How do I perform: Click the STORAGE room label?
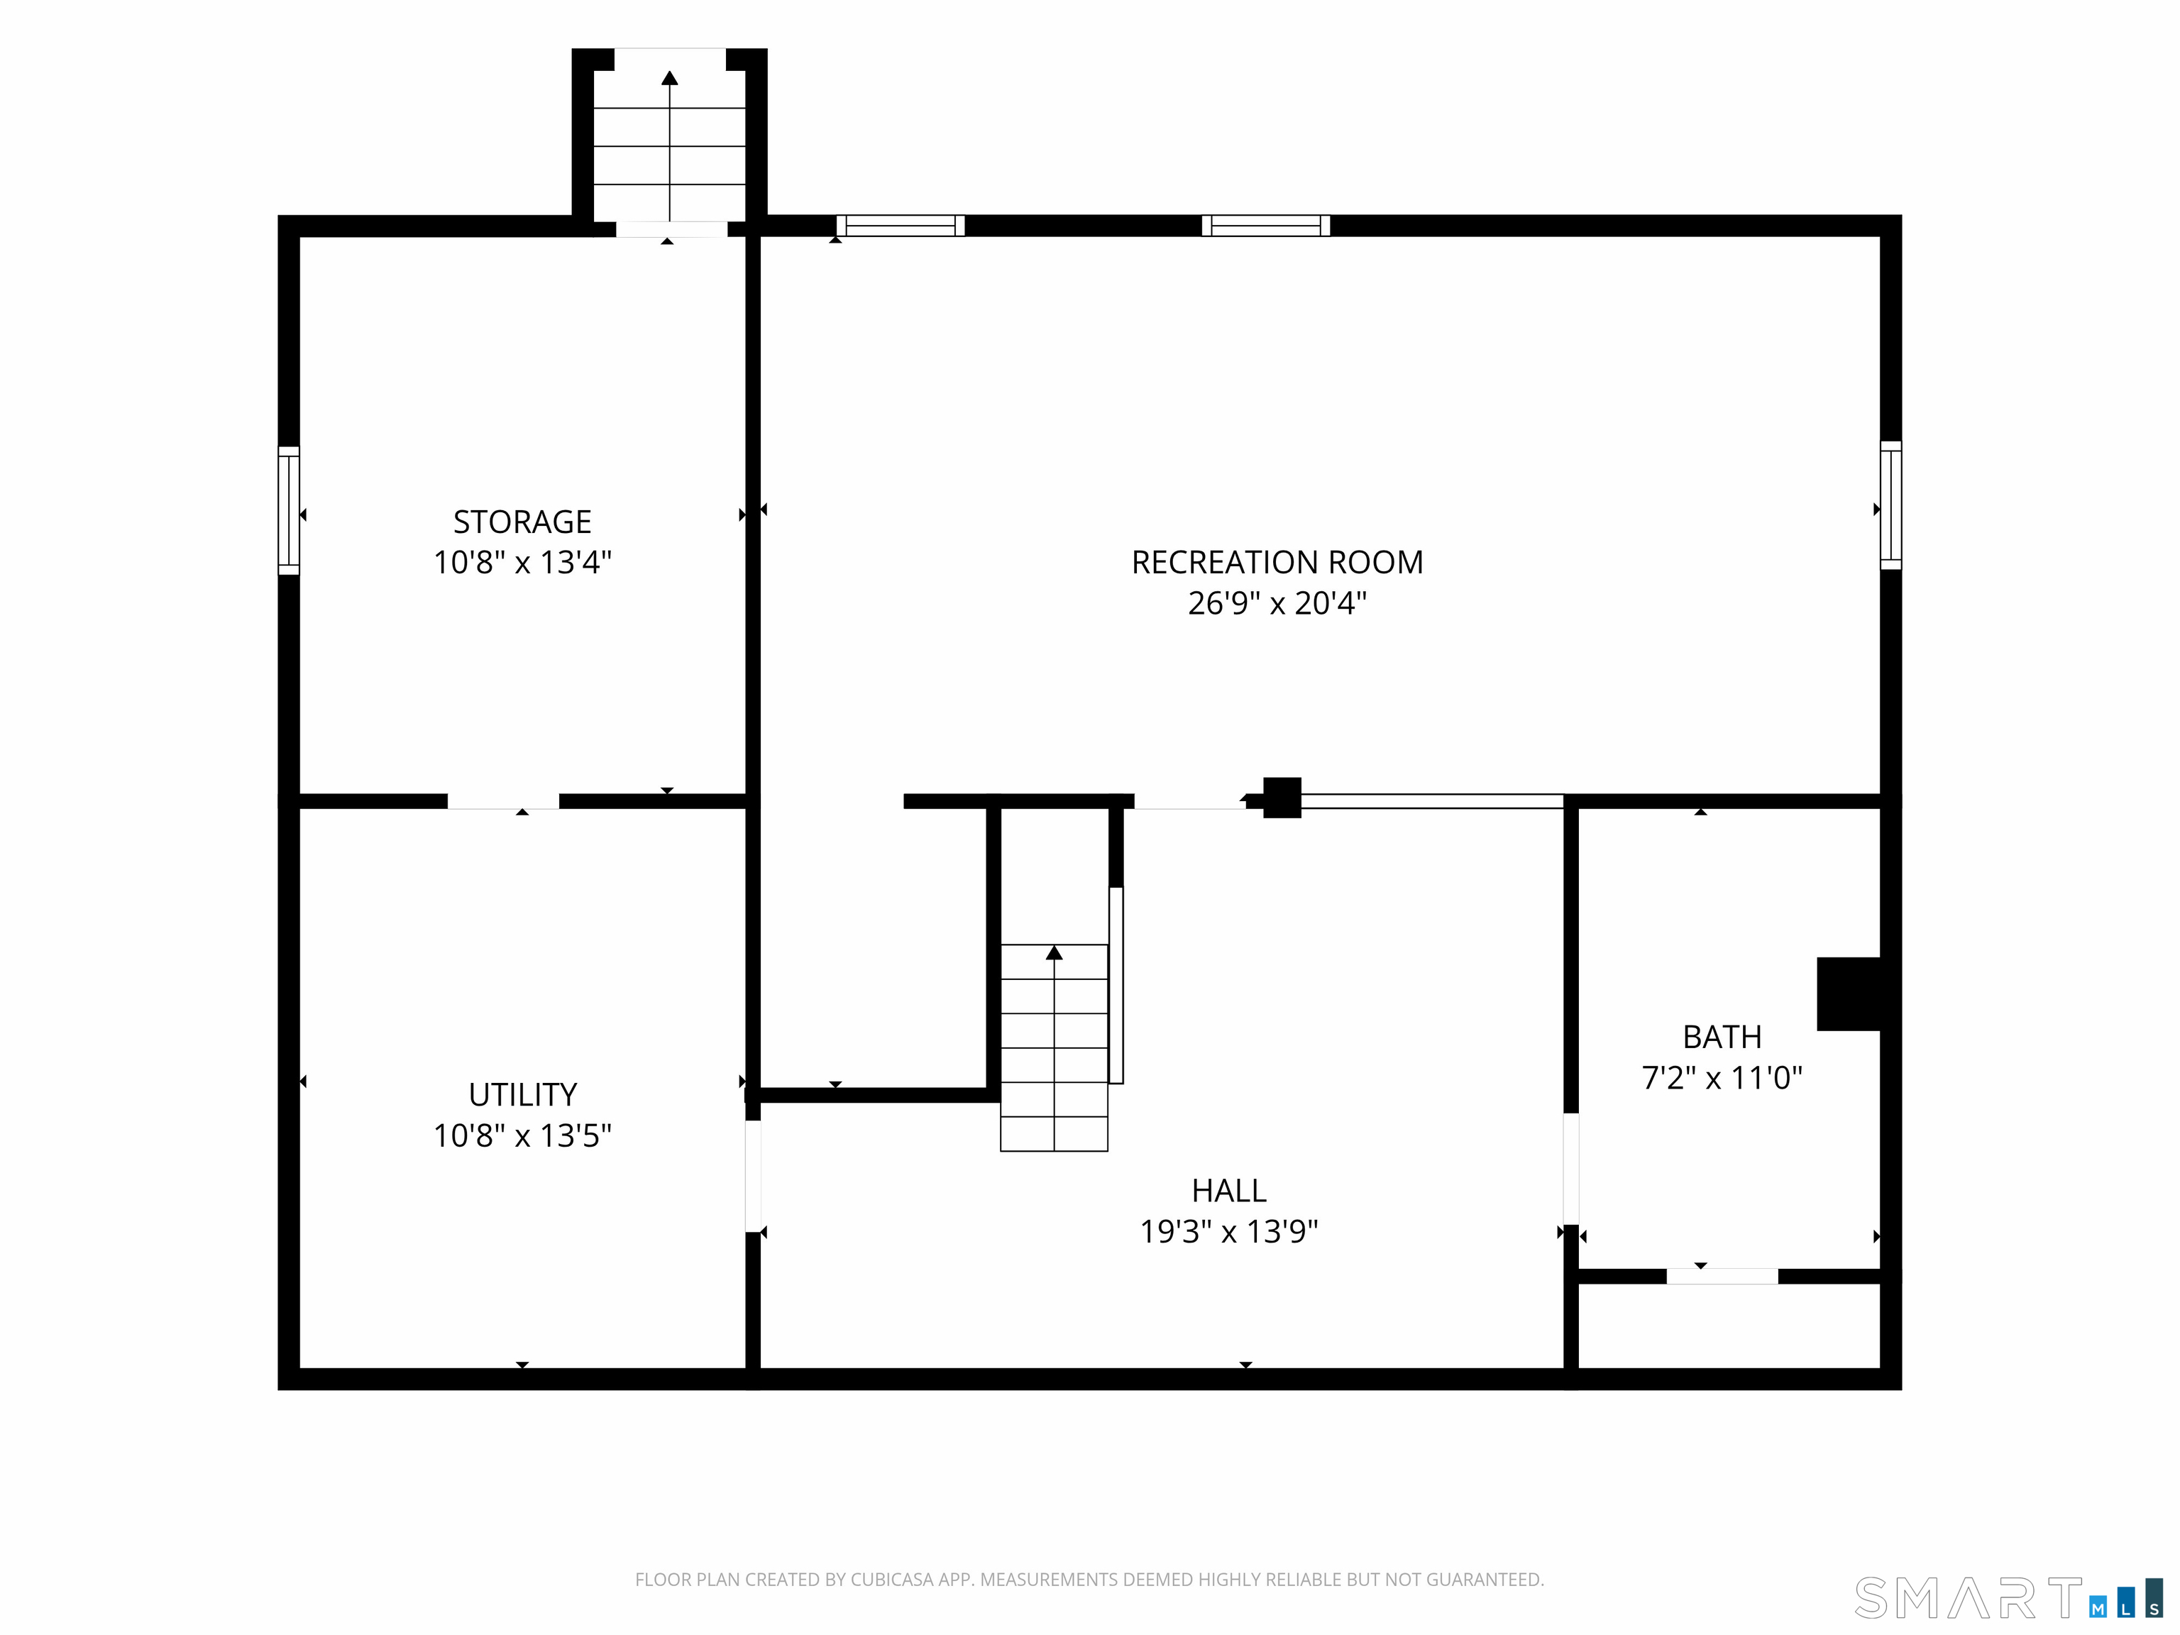pyautogui.click(x=522, y=522)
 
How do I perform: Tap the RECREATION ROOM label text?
pyautogui.click(x=1277, y=562)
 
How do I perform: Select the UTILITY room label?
pyautogui.click(x=522, y=1094)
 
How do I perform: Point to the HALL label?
pyautogui.click(x=1229, y=1191)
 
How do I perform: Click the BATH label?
pyautogui.click(x=1722, y=1037)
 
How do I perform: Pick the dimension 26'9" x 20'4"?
pyautogui.click(x=1277, y=602)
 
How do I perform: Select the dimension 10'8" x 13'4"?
pyautogui.click(x=522, y=562)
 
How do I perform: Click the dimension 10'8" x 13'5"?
pyautogui.click(x=522, y=1135)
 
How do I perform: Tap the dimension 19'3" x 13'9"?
pyautogui.click(x=1229, y=1231)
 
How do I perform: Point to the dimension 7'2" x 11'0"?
pyautogui.click(x=1722, y=1077)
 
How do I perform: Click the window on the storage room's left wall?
pyautogui.click(x=289, y=510)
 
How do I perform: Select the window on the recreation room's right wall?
pyautogui.click(x=1890, y=505)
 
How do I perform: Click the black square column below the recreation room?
pyautogui.click(x=1282, y=798)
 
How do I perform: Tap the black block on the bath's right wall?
pyautogui.click(x=1849, y=994)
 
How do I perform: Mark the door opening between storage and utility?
pyautogui.click(x=504, y=801)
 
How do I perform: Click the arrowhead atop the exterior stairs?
pyautogui.click(x=670, y=78)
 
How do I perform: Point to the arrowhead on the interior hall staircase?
pyautogui.click(x=1055, y=952)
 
